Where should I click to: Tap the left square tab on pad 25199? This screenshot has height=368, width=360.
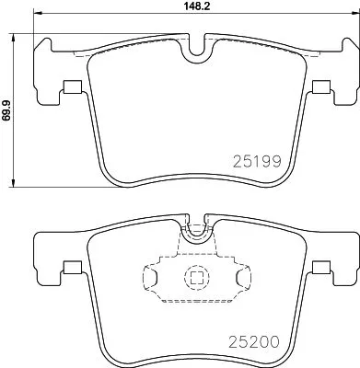click(69, 88)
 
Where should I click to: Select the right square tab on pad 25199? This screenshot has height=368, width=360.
click(320, 88)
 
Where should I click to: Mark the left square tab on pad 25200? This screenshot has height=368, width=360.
click(69, 268)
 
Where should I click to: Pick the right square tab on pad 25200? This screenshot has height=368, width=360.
click(320, 268)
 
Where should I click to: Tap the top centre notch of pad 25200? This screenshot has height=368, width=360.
click(195, 232)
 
